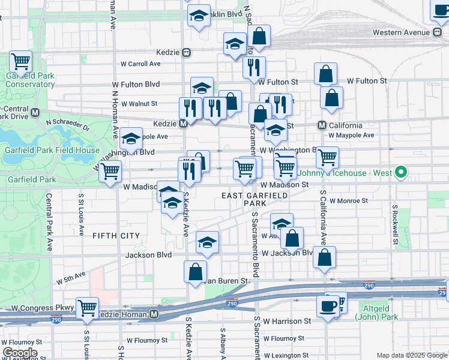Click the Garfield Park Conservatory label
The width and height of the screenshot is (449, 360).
[x=30, y=80]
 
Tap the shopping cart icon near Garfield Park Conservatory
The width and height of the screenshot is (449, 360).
[x=21, y=61]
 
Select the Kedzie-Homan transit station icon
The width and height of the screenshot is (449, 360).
[x=155, y=314]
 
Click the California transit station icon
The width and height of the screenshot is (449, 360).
[x=322, y=125]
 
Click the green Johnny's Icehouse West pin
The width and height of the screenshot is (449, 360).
[x=401, y=173]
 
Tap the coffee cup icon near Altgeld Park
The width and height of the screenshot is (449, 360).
[x=328, y=305]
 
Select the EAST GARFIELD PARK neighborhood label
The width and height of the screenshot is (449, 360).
[x=255, y=199]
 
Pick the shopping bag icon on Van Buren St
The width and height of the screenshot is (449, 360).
[x=196, y=272]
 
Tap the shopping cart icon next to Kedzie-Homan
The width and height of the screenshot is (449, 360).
[x=88, y=308]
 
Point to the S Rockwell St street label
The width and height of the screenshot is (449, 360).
[x=395, y=224]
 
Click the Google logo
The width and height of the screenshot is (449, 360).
[x=20, y=352]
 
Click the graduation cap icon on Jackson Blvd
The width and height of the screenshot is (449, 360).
[x=208, y=242]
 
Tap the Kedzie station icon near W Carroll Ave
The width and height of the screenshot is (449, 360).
[x=187, y=52]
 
